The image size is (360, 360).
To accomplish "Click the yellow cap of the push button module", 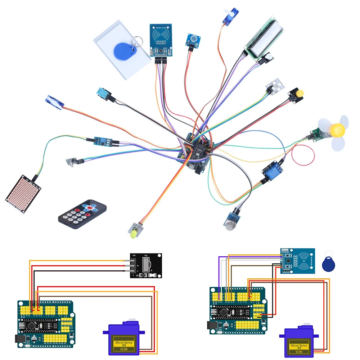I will coord(298,93).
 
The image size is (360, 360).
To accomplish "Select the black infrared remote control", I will coord(82,215).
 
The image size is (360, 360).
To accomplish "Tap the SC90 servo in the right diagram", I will coord(299,343).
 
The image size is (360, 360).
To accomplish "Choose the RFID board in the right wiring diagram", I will coord(297,261).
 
